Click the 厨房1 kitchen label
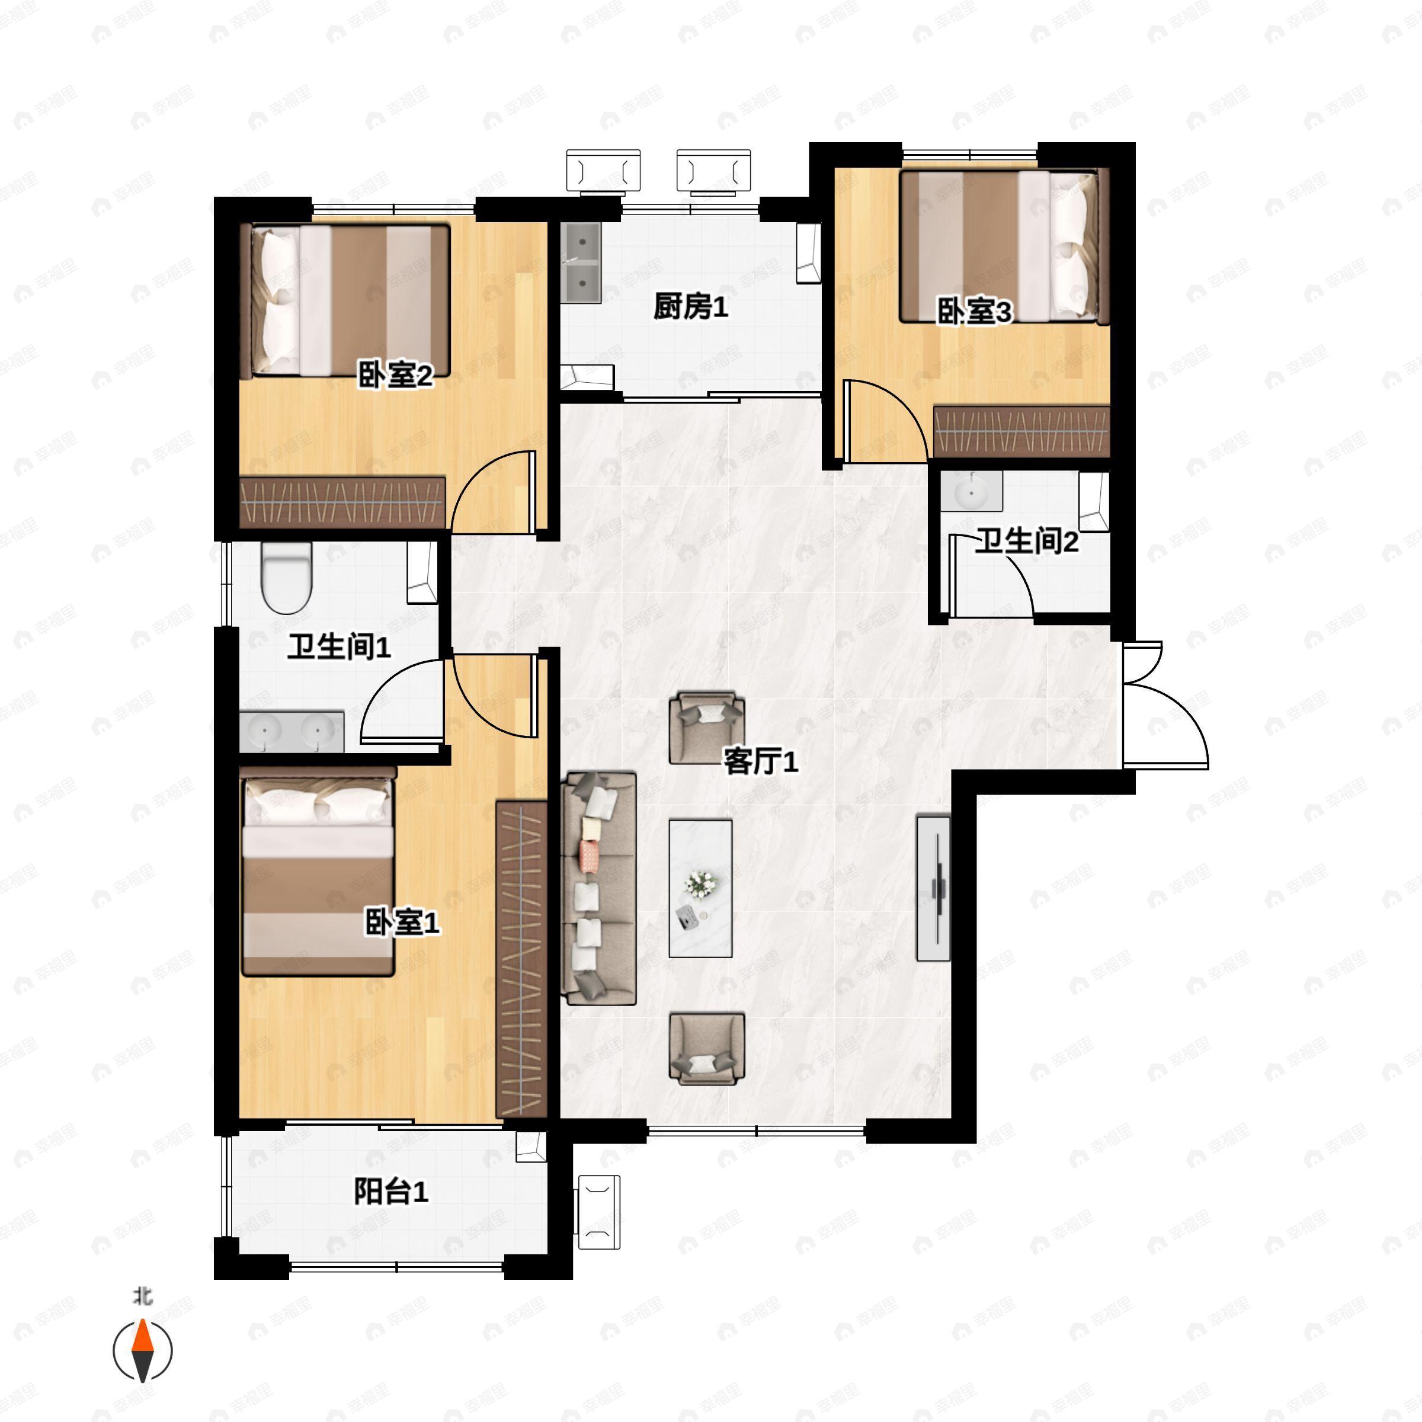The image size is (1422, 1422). click(690, 307)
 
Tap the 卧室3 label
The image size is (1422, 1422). click(973, 312)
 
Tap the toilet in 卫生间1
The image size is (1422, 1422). click(287, 578)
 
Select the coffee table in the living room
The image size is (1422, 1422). click(700, 888)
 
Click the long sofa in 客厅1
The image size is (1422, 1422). click(598, 888)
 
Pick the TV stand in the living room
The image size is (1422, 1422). click(933, 888)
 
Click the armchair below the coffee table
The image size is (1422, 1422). click(707, 1048)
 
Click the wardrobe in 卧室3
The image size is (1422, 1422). click(1021, 431)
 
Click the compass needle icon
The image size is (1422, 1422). click(142, 1351)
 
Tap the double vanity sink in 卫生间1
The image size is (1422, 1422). click(292, 732)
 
